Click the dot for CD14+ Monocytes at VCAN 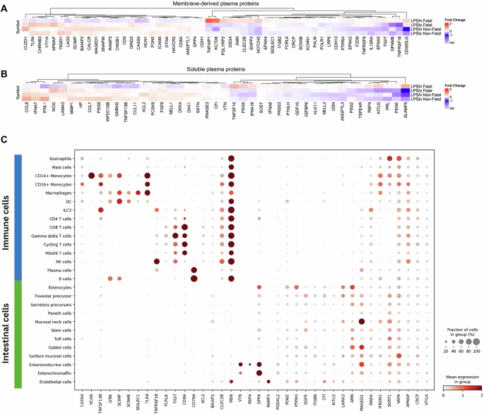pyautogui.click(x=91, y=176)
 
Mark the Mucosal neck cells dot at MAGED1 pyautogui.click(x=362, y=302)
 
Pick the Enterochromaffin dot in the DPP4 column pyautogui.click(x=259, y=373)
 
